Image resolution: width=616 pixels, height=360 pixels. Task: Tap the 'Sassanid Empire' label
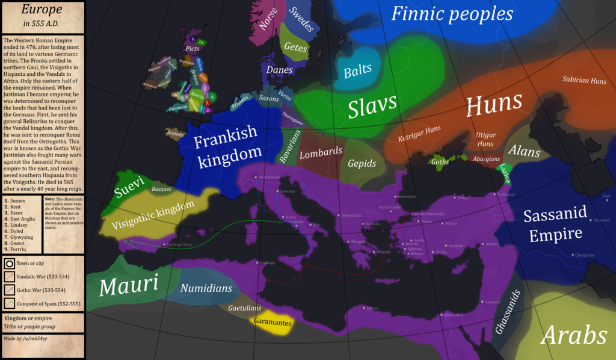[x=552, y=225]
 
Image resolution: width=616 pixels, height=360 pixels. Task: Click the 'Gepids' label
[x=362, y=163]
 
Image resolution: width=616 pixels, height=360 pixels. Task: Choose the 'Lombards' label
[x=321, y=152]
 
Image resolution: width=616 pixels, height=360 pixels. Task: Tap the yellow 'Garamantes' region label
[x=273, y=323]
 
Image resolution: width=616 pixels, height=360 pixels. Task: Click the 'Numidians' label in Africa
[x=206, y=288]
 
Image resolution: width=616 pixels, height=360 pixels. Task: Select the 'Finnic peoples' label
[x=452, y=14]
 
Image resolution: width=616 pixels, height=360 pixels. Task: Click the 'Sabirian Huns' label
[x=584, y=79]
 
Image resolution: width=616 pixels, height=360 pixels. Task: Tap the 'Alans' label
[x=524, y=151]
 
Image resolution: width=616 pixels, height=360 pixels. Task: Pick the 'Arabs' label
[x=573, y=336]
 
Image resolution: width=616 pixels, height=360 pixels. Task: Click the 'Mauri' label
[x=128, y=285]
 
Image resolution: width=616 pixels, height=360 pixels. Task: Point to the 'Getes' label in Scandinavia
[x=296, y=48]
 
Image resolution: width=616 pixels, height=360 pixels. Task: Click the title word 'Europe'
[x=42, y=10]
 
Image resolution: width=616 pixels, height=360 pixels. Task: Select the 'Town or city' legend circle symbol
[x=10, y=263]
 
